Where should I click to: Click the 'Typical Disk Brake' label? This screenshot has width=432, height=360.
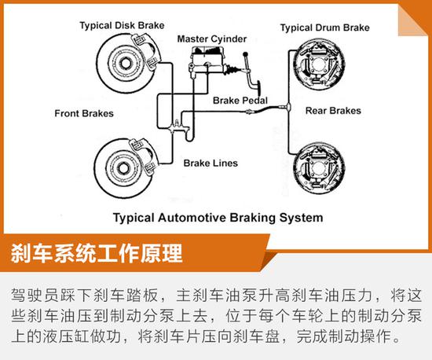(122, 25)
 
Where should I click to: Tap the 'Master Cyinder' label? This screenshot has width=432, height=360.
(211, 39)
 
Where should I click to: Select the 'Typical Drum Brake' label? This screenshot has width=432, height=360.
(325, 28)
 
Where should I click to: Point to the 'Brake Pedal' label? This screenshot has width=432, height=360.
(240, 101)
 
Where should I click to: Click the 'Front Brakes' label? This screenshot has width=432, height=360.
(84, 113)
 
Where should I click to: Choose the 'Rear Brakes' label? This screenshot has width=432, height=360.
(333, 111)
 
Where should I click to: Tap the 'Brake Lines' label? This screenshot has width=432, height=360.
(211, 163)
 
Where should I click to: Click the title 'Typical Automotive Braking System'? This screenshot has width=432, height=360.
(218, 218)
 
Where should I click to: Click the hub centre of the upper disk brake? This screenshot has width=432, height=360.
(126, 64)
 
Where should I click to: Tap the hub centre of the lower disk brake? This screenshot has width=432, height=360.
(123, 168)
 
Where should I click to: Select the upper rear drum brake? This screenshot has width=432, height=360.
(319, 65)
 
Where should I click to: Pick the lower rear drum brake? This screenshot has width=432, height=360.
(319, 168)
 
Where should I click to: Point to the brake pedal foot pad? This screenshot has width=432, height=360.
(258, 89)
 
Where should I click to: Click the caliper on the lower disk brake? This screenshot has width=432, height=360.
(144, 156)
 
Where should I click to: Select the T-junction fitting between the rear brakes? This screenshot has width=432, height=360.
(288, 106)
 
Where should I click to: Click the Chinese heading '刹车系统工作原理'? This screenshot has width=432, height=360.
(97, 253)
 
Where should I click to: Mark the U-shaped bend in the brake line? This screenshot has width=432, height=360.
(189, 136)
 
